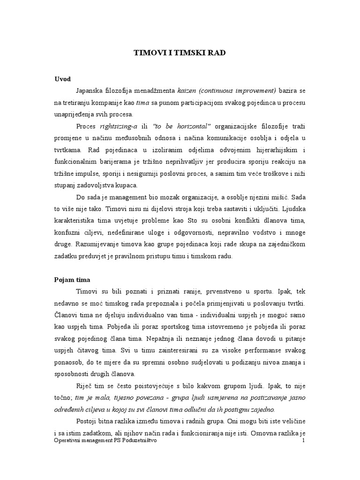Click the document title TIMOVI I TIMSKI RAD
(180, 53)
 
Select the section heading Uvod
(62, 79)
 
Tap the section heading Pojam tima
(71, 280)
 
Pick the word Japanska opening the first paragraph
(91, 90)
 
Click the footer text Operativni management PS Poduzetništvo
(105, 441)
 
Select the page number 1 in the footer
(304, 441)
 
